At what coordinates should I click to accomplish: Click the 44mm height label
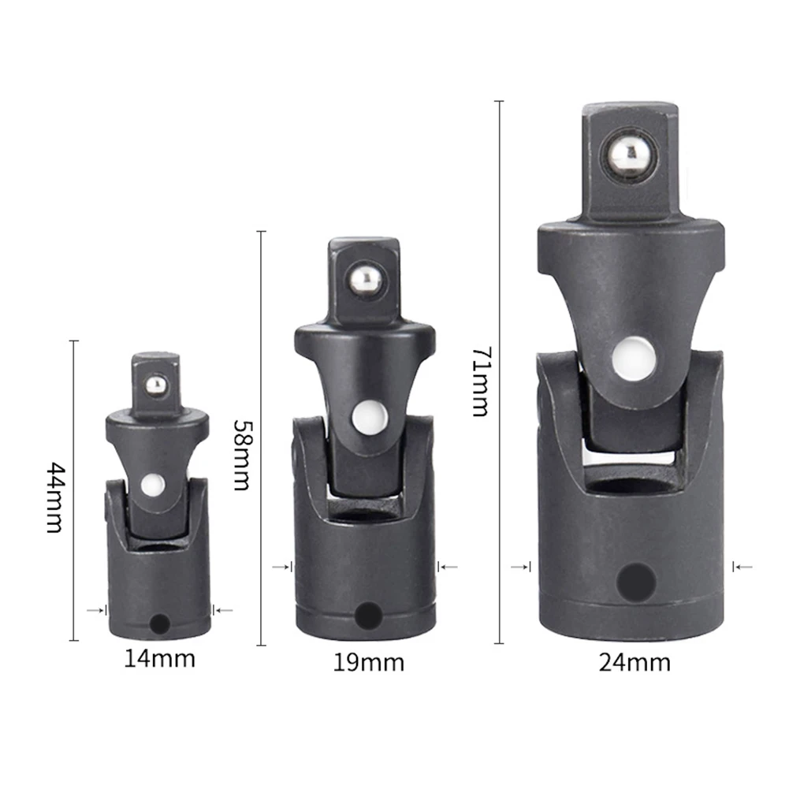pyautogui.click(x=54, y=497)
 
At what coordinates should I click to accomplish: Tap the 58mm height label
pyautogui.click(x=240, y=453)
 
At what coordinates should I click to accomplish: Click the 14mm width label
pyautogui.click(x=159, y=657)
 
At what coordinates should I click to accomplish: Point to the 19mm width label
pyautogui.click(x=368, y=662)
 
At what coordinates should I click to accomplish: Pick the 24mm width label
pyautogui.click(x=635, y=662)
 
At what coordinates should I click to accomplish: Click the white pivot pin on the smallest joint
pyautogui.click(x=154, y=484)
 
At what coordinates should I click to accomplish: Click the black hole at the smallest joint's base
pyautogui.click(x=159, y=624)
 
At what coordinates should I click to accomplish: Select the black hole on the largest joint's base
pyautogui.click(x=635, y=582)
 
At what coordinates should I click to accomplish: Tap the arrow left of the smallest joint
pyautogui.click(x=97, y=609)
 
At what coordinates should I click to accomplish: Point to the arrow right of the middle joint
pyautogui.click(x=448, y=566)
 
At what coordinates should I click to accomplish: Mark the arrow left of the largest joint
pyautogui.click(x=520, y=566)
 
